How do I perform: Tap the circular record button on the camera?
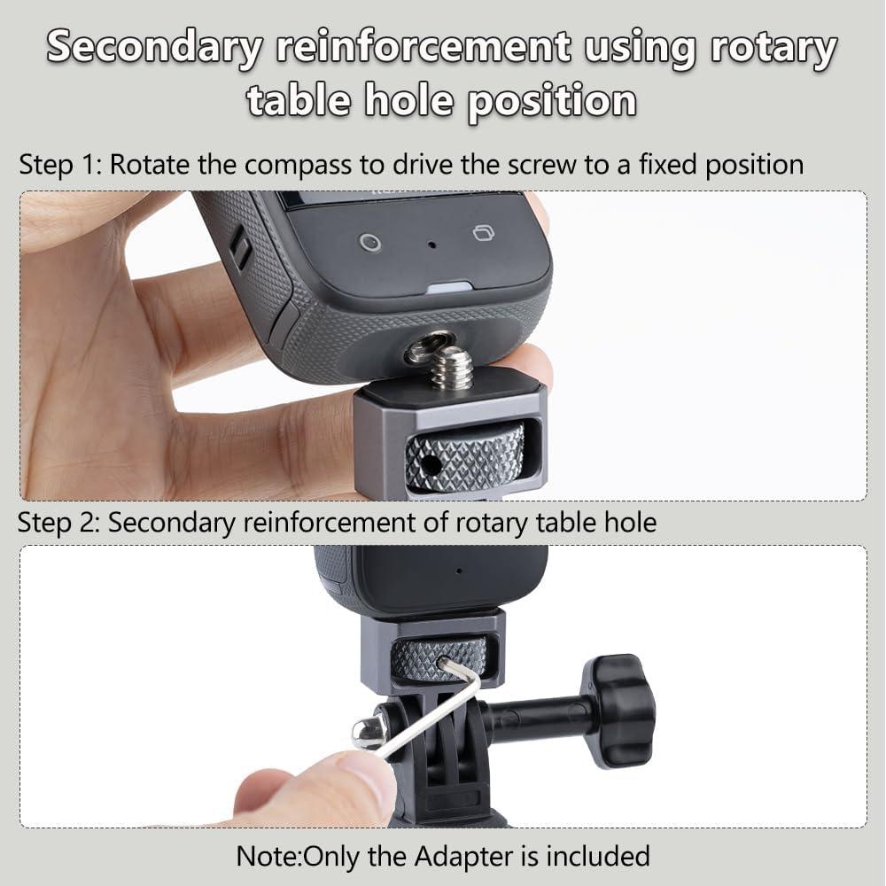pyautogui.click(x=370, y=241)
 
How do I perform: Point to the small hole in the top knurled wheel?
pyautogui.click(x=431, y=462)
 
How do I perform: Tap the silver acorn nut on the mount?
pyautogui.click(x=369, y=729)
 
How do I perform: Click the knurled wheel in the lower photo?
pyautogui.click(x=439, y=658)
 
